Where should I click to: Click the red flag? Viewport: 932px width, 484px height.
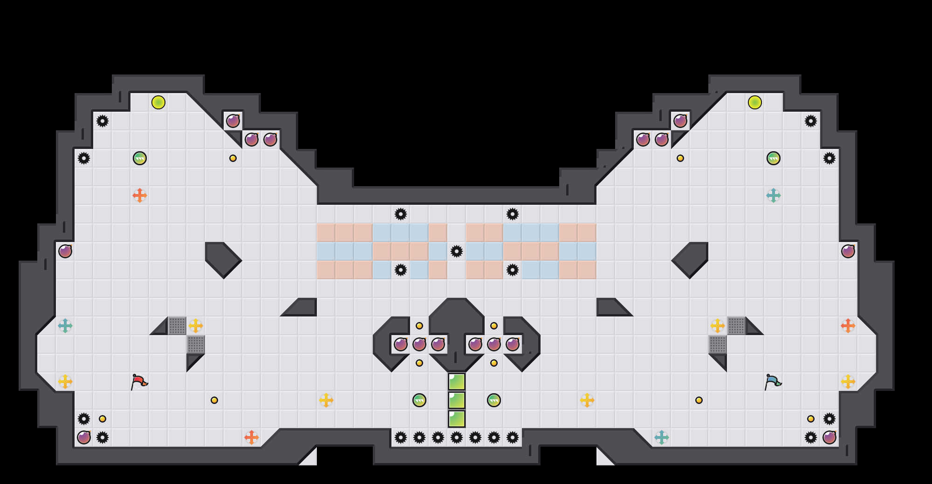[139, 382]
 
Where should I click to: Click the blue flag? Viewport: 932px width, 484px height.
[773, 382]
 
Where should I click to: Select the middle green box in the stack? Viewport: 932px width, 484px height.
[457, 400]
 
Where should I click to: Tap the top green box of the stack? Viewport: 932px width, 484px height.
[457, 382]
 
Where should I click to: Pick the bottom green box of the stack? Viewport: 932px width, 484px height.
[457, 419]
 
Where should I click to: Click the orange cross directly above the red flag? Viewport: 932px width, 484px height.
[140, 195]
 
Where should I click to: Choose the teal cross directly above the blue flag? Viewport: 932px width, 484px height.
[774, 195]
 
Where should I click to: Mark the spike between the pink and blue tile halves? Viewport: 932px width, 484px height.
[457, 251]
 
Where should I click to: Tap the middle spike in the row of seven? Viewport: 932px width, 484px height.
[457, 437]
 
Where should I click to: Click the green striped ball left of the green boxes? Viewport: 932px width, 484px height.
[419, 400]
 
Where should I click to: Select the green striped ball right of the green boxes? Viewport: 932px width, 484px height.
[494, 400]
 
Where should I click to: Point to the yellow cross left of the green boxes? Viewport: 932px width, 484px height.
[326, 400]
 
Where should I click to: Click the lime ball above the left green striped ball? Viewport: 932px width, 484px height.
[158, 102]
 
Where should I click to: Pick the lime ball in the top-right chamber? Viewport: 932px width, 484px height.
[755, 102]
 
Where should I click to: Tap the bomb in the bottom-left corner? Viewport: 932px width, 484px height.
[84, 437]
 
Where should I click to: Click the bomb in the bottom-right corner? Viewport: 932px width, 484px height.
[829, 437]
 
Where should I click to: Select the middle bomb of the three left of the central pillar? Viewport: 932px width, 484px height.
[419, 344]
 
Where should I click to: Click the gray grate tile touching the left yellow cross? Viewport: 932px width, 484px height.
[177, 326]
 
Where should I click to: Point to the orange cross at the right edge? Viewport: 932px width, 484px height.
[848, 326]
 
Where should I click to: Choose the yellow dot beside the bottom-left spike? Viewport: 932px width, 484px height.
[103, 419]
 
